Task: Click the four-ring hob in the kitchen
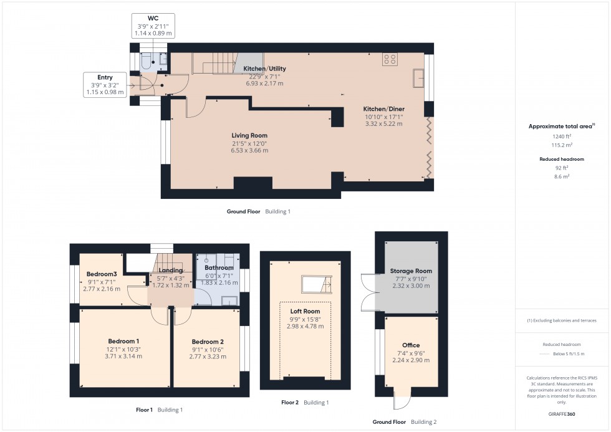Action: pyautogui.click(x=390, y=60)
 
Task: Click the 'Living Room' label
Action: pyautogui.click(x=249, y=135)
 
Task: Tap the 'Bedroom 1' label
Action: pyautogui.click(x=123, y=341)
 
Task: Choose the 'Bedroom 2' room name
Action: pyautogui.click(x=208, y=342)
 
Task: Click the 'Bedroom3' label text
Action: pyautogui.click(x=102, y=274)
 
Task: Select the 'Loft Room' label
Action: pyautogui.click(x=305, y=310)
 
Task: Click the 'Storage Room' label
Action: pyautogui.click(x=411, y=271)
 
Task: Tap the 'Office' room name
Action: pyautogui.click(x=411, y=345)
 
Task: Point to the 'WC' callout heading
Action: pyautogui.click(x=153, y=19)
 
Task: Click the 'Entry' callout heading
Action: pyautogui.click(x=105, y=77)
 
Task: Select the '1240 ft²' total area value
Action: pyautogui.click(x=561, y=136)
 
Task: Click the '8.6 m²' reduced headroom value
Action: pyautogui.click(x=561, y=176)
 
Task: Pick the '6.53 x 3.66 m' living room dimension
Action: pyautogui.click(x=249, y=150)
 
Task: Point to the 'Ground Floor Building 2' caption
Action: pyautogui.click(x=404, y=422)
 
